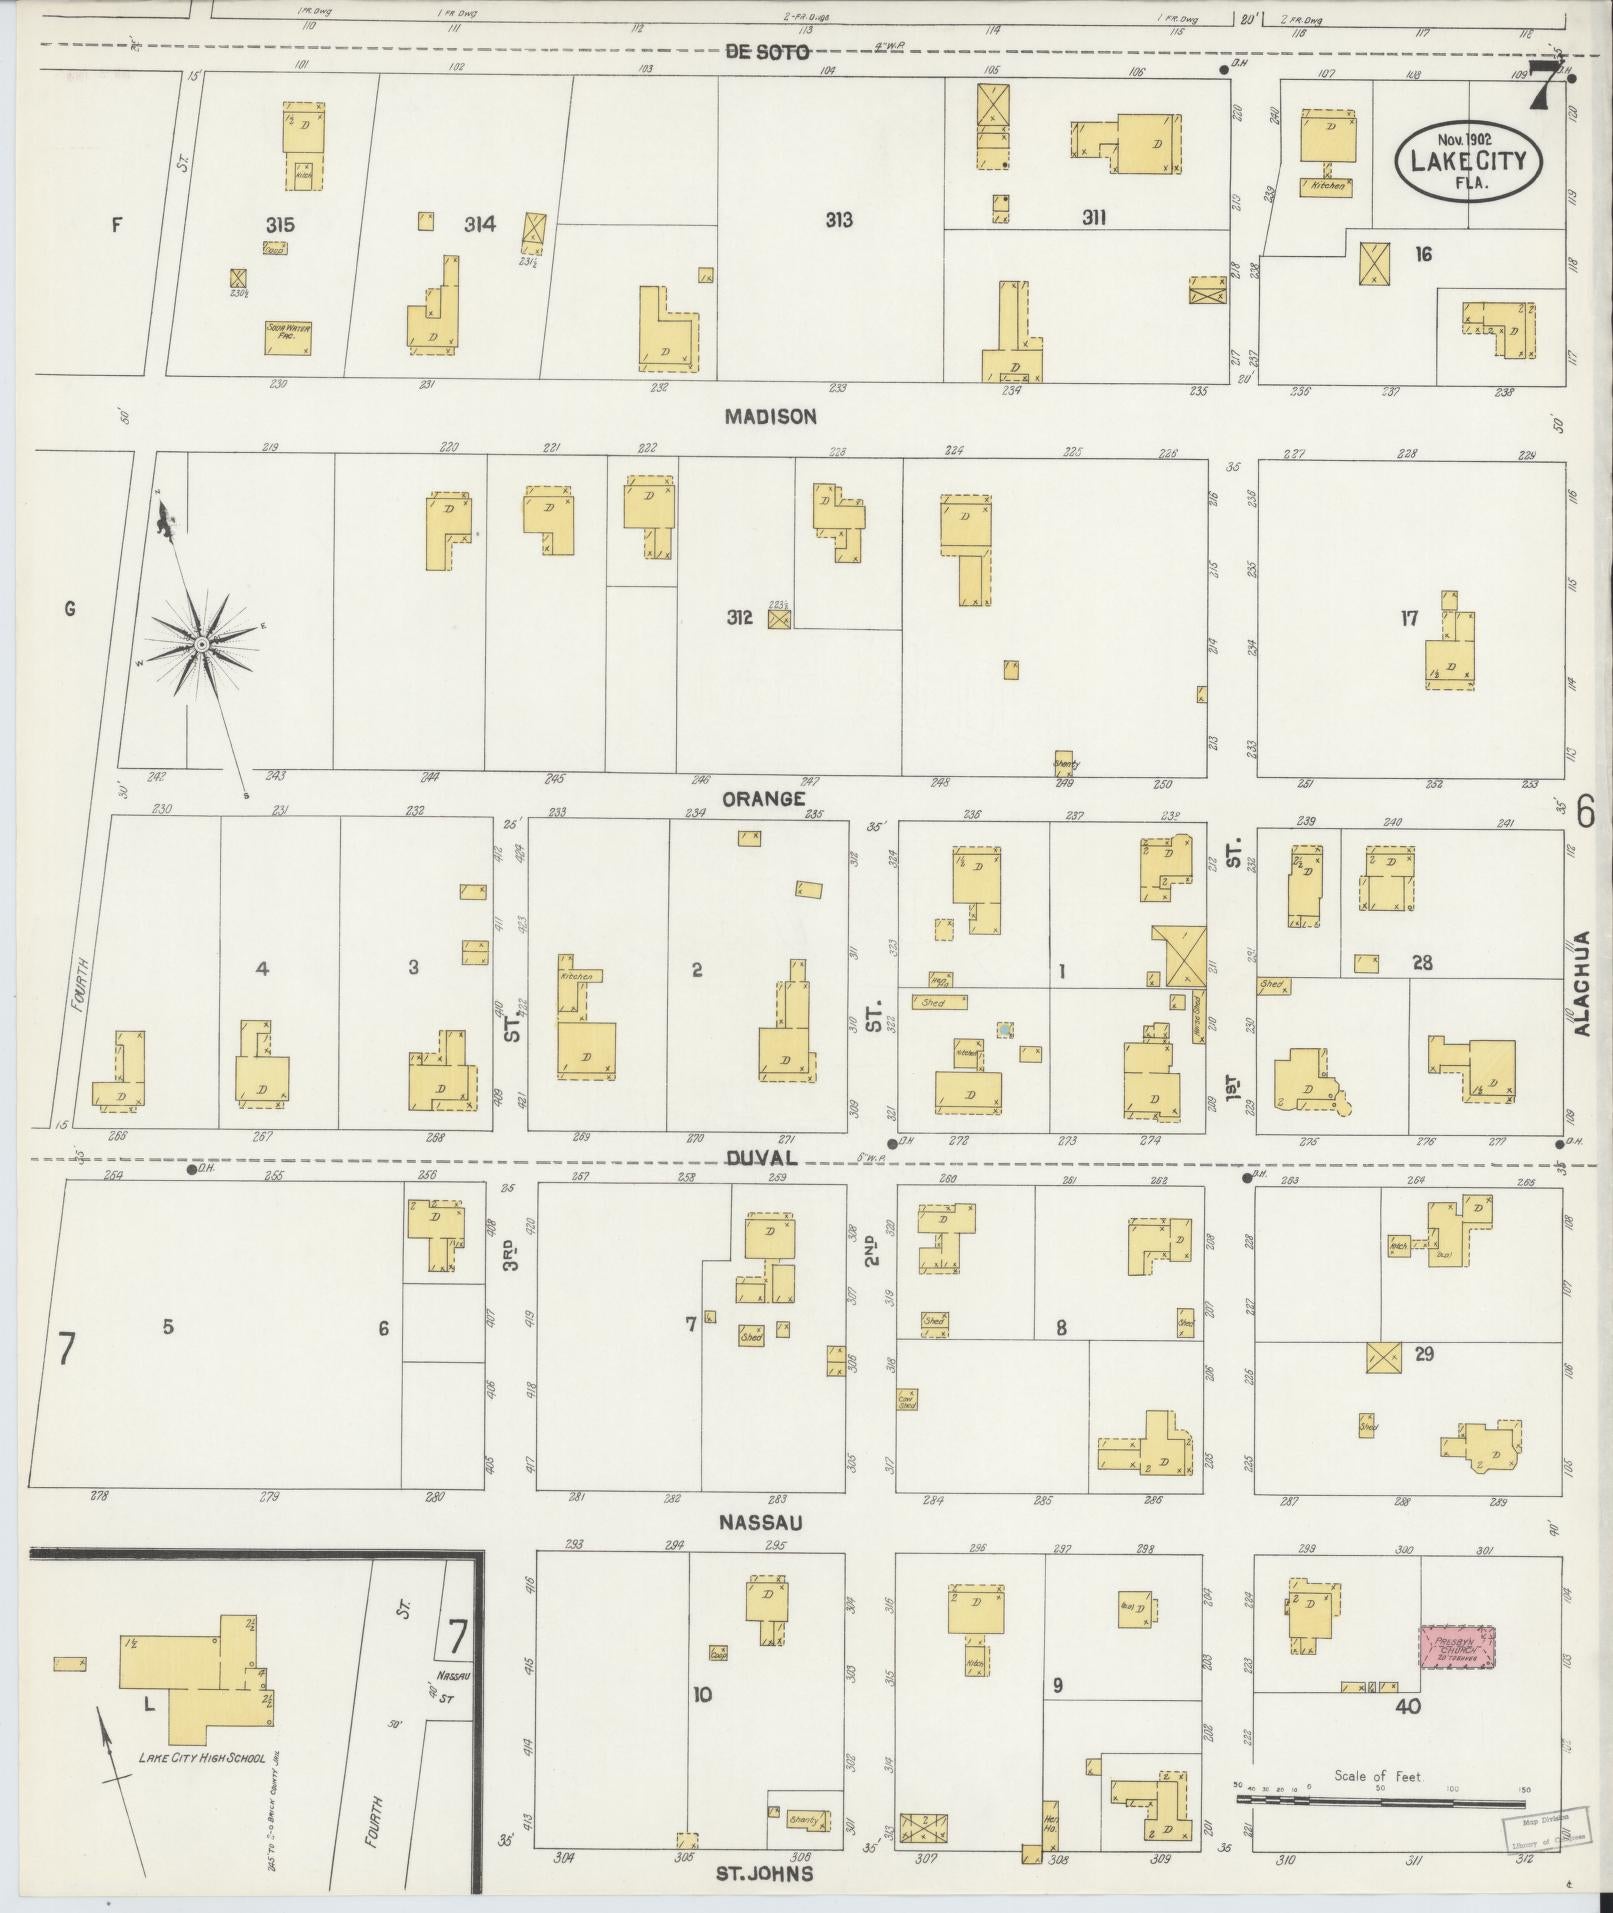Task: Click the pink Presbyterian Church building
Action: pyautogui.click(x=1457, y=1646)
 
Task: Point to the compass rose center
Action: pyautogui.click(x=202, y=645)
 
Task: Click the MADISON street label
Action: pyautogui.click(x=770, y=417)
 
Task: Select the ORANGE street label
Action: pyautogui.click(x=764, y=798)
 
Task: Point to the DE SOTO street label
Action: pyautogui.click(x=767, y=52)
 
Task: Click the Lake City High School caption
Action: pyautogui.click(x=202, y=1758)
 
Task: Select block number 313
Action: pyautogui.click(x=838, y=220)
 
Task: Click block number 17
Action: pyautogui.click(x=1409, y=619)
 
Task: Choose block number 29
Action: pyautogui.click(x=1424, y=1354)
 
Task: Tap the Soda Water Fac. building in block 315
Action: pyautogui.click(x=286, y=338)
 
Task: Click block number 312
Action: pyautogui.click(x=739, y=619)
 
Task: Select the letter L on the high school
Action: pyautogui.click(x=149, y=1706)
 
